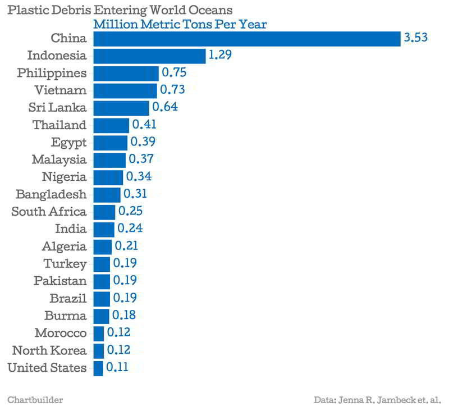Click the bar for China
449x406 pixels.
point(247,38)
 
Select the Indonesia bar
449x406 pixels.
point(149,56)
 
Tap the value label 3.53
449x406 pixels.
point(416,38)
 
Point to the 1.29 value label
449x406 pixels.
point(220,56)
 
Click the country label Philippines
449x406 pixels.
point(52,73)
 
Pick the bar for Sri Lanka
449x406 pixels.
point(121,108)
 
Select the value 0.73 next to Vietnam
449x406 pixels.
point(172,90)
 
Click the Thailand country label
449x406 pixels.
point(59,125)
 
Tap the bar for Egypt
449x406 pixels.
point(111,143)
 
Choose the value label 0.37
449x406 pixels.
point(141,160)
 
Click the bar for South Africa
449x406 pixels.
point(104,212)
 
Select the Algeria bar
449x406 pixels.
point(103,247)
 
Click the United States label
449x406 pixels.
point(48,368)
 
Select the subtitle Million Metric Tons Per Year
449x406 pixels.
point(180,25)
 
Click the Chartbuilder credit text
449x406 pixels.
point(35,400)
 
